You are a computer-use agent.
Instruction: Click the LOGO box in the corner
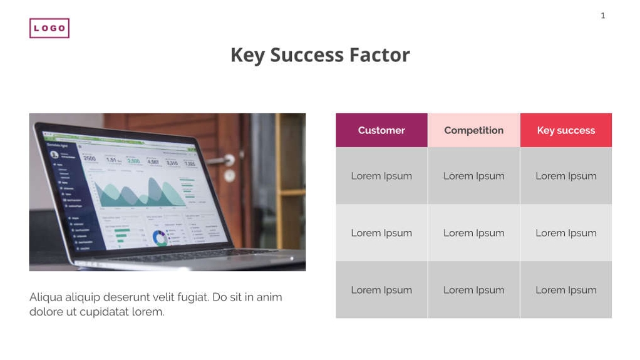49,28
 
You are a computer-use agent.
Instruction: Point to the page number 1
602,16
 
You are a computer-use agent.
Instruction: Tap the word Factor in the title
379,55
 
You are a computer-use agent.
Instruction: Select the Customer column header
381,130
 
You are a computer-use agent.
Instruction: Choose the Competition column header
473,130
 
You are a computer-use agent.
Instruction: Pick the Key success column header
565,130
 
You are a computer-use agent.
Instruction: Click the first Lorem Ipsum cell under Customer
381,176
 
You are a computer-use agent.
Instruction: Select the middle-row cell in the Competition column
473,233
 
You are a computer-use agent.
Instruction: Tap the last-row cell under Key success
565,290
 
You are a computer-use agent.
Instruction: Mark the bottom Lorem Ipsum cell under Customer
381,290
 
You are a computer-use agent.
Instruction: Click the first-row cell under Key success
565,176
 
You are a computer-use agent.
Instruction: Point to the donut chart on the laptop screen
160,237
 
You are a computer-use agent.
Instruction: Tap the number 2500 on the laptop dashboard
90,158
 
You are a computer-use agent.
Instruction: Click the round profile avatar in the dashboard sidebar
54,154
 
